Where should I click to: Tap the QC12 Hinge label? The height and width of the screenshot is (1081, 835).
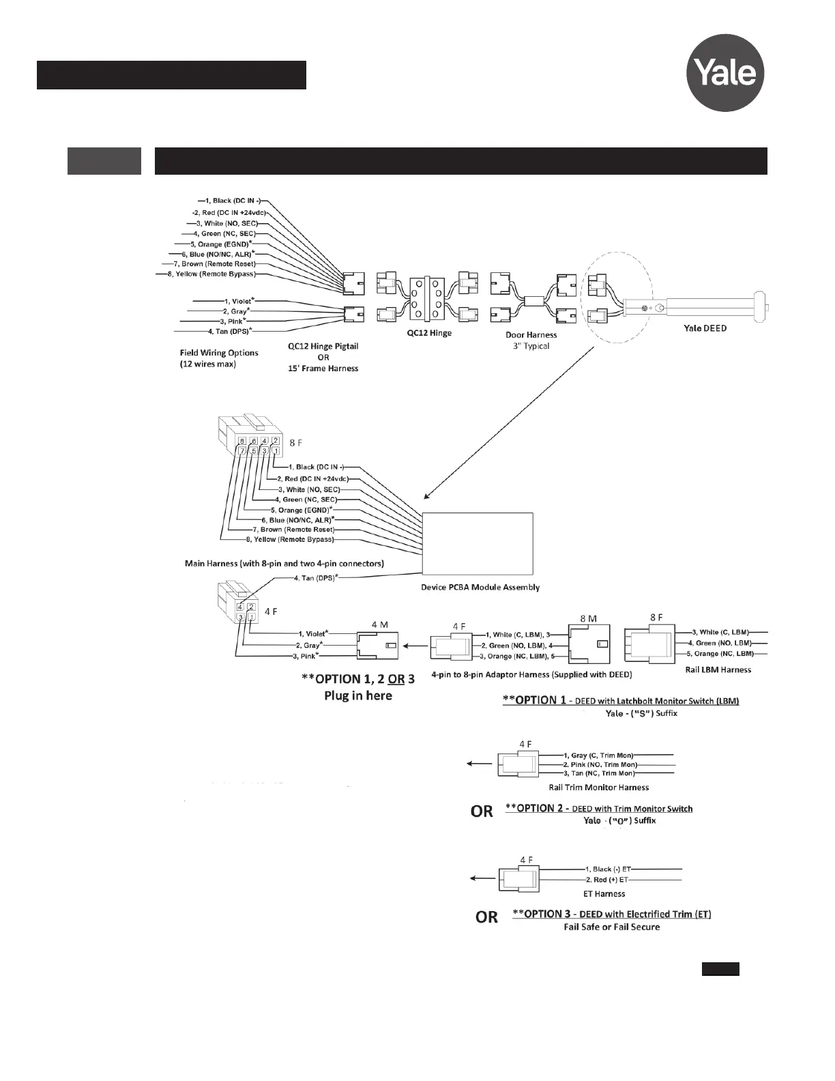(x=429, y=334)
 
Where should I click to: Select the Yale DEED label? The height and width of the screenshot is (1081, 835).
(x=705, y=328)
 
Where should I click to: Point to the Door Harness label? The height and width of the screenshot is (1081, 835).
(x=531, y=335)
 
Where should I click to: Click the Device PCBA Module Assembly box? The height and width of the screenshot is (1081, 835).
(x=478, y=544)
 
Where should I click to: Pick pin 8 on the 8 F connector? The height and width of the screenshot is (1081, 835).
(x=242, y=441)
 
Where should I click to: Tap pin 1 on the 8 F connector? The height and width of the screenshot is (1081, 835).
(x=276, y=451)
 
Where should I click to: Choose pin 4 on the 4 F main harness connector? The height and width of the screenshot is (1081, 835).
(x=240, y=607)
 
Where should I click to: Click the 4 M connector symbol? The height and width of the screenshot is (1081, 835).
(x=377, y=645)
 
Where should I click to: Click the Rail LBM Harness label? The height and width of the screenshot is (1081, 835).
(x=718, y=670)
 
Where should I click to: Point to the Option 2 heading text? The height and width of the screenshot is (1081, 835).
(x=598, y=809)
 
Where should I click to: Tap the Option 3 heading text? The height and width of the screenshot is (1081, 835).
(x=611, y=914)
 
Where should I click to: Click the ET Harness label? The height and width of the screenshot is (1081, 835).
(x=604, y=893)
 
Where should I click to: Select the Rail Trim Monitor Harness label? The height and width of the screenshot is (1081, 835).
(x=598, y=788)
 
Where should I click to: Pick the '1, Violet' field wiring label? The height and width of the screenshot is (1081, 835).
(x=238, y=301)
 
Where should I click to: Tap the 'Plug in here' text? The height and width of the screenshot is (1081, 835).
(x=357, y=696)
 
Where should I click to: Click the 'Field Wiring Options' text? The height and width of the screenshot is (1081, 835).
(x=219, y=353)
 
